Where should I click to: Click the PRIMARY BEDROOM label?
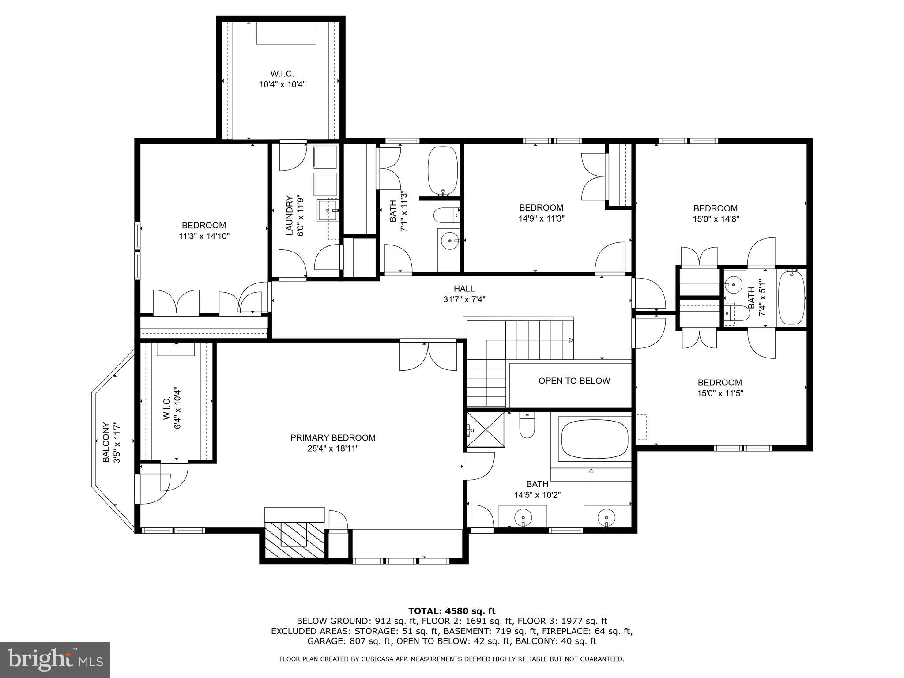[x=333, y=437]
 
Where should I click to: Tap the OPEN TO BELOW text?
[x=574, y=380]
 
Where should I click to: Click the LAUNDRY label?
[x=290, y=215]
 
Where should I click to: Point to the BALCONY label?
[x=106, y=443]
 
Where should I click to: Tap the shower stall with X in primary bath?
[x=486, y=429]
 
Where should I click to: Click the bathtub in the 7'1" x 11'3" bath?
[x=443, y=170]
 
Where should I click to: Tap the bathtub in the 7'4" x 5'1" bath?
[x=791, y=298]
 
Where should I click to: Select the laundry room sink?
[x=328, y=211]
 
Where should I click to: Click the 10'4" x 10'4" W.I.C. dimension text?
[x=282, y=84]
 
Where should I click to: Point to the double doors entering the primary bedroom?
[x=428, y=355]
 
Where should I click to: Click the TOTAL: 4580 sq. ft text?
[x=452, y=611]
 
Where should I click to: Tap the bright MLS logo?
[x=55, y=659]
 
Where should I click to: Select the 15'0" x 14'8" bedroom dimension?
[x=715, y=218]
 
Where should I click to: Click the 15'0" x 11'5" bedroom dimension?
[x=719, y=393]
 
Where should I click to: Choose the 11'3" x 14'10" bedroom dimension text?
[x=204, y=236]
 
